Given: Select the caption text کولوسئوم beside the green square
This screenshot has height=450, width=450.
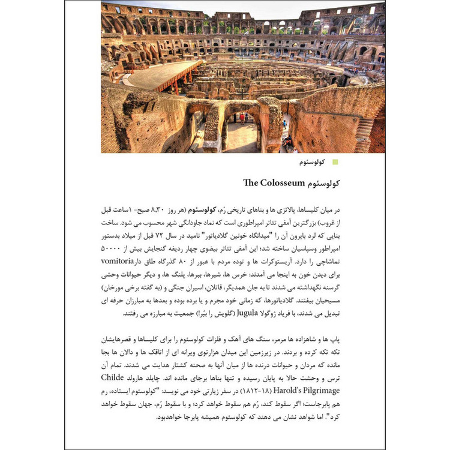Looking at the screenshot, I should pyautogui.click(x=311, y=162).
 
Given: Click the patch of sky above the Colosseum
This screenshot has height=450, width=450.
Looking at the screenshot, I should pyautogui.click(x=240, y=7).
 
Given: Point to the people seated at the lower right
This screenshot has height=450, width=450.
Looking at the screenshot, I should pyautogui.click(x=289, y=143).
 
